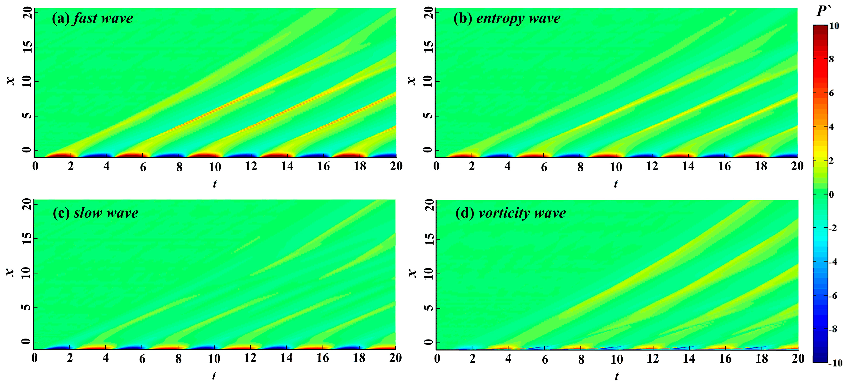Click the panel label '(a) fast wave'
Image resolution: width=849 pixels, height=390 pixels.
pyautogui.click(x=92, y=18)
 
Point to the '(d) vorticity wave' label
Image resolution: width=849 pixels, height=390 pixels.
pyautogui.click(x=510, y=213)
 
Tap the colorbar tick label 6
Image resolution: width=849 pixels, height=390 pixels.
pyautogui.click(x=831, y=93)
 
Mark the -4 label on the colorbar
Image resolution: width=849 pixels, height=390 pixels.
pyautogui.click(x=833, y=262)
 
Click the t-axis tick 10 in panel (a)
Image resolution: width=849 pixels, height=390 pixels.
pyautogui.click(x=215, y=167)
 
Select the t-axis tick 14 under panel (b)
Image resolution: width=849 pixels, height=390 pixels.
pyautogui.click(x=688, y=166)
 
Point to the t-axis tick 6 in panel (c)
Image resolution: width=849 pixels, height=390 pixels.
pyautogui.click(x=142, y=359)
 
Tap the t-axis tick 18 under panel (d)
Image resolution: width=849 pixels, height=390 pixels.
pyautogui.click(x=762, y=359)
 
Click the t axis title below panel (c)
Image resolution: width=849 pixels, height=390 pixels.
pyautogui.click(x=214, y=375)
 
